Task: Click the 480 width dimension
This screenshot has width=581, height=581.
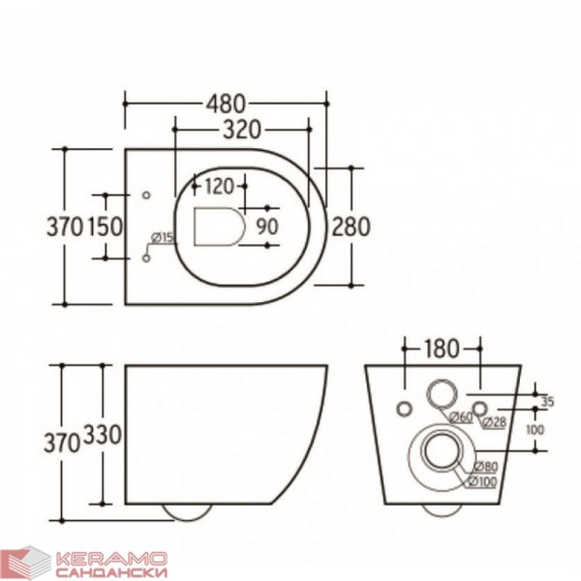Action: pos(226,104)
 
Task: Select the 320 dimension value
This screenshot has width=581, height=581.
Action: pos(241,130)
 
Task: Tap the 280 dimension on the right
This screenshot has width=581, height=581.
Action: pos(351,227)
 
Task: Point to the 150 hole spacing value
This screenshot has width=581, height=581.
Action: pos(105,227)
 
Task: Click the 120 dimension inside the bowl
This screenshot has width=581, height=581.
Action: pos(220,186)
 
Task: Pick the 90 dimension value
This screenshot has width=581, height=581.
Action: pos(267,227)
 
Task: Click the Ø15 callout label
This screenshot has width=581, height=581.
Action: pos(163,237)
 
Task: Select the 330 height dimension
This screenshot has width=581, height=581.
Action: pos(103,434)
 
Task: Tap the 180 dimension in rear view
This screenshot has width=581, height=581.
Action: pos(441,349)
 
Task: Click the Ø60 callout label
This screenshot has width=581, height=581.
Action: pos(461,417)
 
